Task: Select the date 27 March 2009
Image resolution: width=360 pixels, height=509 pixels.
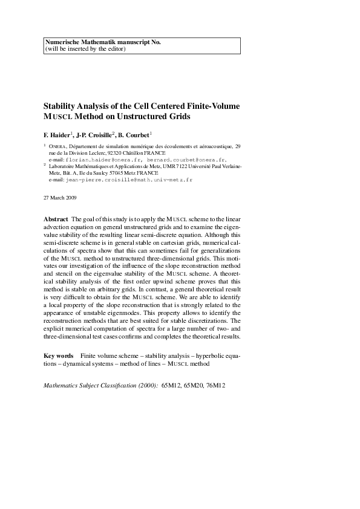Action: [61, 198]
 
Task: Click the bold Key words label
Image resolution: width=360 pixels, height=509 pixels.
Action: [59, 356]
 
